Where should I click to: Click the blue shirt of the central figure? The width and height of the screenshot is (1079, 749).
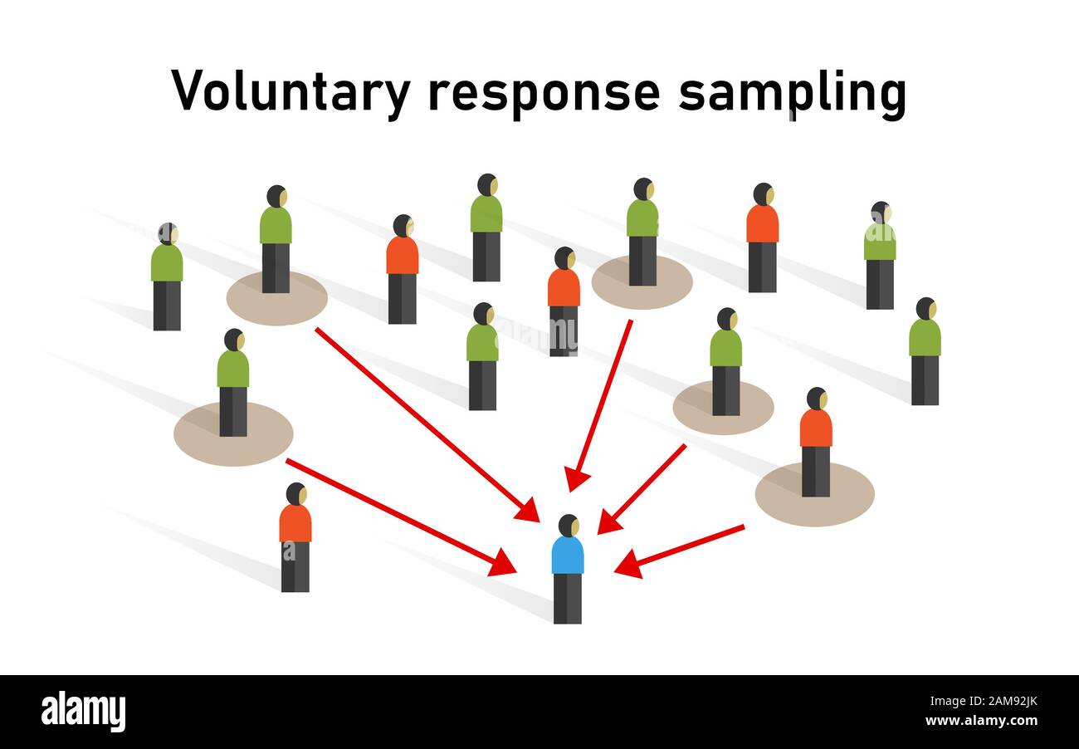tap(568, 555)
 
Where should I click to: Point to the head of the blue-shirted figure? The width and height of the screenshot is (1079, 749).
tap(569, 525)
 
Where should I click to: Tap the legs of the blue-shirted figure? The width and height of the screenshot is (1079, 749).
tap(568, 598)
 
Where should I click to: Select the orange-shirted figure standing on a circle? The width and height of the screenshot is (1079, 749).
tap(815, 440)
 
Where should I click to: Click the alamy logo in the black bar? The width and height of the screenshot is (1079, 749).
tap(84, 712)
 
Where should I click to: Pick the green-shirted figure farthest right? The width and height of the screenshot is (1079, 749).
tap(925, 349)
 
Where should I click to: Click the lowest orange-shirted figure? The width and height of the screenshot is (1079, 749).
tap(295, 536)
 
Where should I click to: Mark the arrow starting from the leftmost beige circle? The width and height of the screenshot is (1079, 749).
tap(398, 516)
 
